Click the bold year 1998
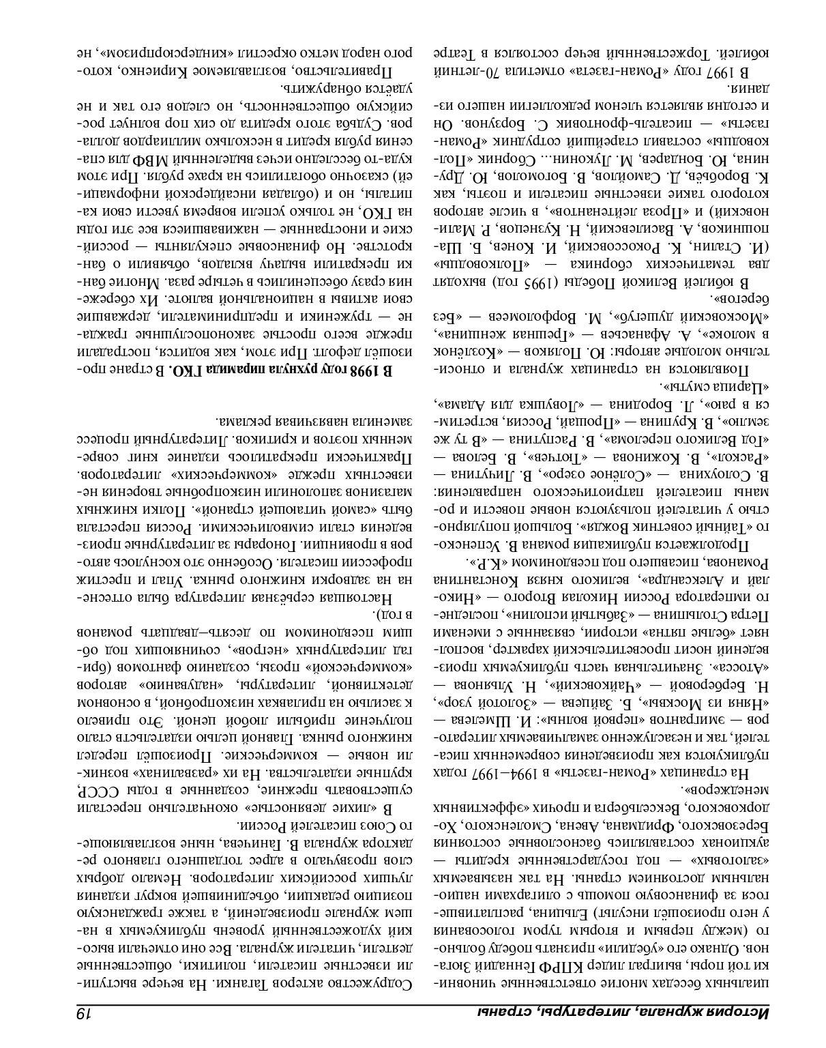pyautogui.click(x=365, y=370)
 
